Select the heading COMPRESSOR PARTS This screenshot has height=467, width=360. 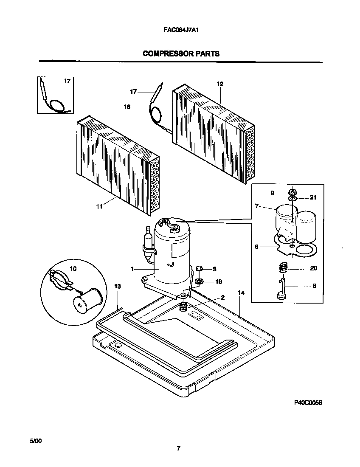pyautogui.click(x=181, y=53)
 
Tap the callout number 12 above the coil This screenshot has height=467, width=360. pyautogui.click(x=220, y=84)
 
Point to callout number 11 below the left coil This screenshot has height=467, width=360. pyautogui.click(x=99, y=207)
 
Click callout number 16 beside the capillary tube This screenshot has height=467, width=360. pyautogui.click(x=127, y=107)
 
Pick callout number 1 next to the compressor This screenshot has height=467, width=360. pyautogui.click(x=132, y=269)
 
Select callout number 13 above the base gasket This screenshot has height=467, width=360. pyautogui.click(x=118, y=287)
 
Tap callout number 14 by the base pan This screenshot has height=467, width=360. pyautogui.click(x=241, y=293)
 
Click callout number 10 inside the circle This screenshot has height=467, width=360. pyautogui.click(x=73, y=268)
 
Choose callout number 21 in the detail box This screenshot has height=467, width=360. pyautogui.click(x=313, y=197)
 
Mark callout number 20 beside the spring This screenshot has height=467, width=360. pyautogui.click(x=313, y=268)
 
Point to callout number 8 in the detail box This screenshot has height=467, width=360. pyautogui.click(x=315, y=286)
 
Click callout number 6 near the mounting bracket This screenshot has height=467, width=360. pyautogui.click(x=257, y=246)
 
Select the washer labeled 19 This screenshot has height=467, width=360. pyautogui.click(x=199, y=281)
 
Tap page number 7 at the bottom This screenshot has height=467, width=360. pyautogui.click(x=179, y=448)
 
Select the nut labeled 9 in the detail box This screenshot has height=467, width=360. pyautogui.click(x=292, y=192)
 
